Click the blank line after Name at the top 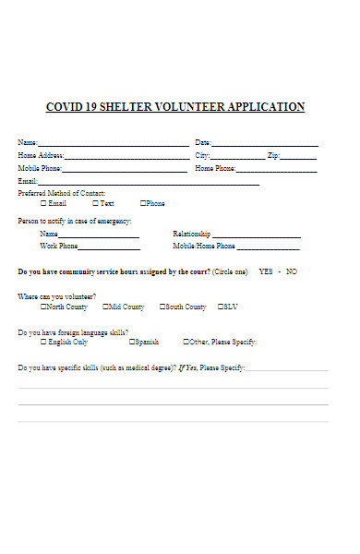point(112,145)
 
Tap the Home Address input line point(126,158)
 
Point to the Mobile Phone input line point(125,171)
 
